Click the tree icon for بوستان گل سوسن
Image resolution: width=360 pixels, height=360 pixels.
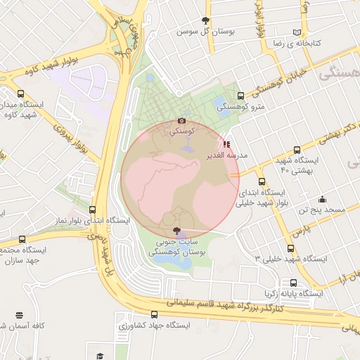click(205, 20)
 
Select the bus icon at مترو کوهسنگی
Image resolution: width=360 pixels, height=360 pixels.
click(241, 96)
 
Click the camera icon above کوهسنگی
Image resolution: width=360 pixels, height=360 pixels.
click(182, 120)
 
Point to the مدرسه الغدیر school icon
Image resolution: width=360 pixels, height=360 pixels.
click(226, 144)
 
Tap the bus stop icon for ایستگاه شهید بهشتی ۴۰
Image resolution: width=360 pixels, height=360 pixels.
click(297, 150)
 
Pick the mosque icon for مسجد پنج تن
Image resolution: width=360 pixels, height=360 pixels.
click(323, 199)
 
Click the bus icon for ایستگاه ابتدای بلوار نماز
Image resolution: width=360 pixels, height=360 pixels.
click(93, 210)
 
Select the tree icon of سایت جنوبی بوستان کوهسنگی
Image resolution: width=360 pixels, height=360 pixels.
click(176, 231)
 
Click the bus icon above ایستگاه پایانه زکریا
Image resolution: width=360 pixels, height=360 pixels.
click(293, 283)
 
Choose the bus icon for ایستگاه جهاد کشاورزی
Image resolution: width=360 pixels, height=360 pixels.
click(155, 316)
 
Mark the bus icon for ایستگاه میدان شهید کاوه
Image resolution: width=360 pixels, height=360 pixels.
click(21, 93)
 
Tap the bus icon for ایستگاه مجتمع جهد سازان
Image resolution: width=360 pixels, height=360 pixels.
click(21, 239)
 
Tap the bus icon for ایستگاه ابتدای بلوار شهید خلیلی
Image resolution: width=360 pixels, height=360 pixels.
click(262, 181)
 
